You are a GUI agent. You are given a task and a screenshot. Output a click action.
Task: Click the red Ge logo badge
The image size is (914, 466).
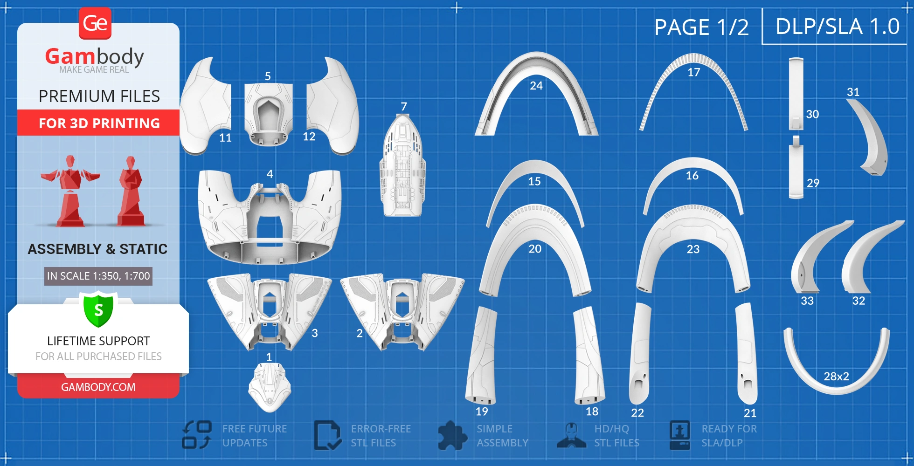[x=95, y=23]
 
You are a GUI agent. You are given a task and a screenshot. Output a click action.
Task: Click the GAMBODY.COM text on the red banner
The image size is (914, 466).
[x=98, y=387]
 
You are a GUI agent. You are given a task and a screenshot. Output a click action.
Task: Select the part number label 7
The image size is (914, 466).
[x=404, y=107]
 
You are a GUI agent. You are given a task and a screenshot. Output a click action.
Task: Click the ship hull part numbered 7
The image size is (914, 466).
[x=402, y=168]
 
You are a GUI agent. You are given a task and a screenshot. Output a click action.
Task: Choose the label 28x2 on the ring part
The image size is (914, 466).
[x=836, y=377]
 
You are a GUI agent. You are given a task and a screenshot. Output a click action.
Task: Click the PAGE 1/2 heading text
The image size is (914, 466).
[x=701, y=27]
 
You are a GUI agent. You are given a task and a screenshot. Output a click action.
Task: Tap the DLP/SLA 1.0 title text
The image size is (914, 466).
[x=838, y=27]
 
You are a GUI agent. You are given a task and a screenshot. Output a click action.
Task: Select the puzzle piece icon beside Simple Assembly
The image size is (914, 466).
[x=452, y=436]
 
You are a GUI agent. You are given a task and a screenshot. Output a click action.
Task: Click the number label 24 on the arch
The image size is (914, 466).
[x=536, y=86]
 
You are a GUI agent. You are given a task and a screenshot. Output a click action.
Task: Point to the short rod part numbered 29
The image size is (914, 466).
[x=796, y=170]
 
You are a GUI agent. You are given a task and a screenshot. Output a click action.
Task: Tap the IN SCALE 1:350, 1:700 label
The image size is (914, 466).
[x=98, y=276]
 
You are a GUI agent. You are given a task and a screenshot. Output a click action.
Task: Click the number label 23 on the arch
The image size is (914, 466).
[x=693, y=249]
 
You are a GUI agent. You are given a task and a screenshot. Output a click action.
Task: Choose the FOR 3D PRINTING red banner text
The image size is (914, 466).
[x=99, y=123]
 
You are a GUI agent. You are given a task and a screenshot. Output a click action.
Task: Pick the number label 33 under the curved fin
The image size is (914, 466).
[x=807, y=301]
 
